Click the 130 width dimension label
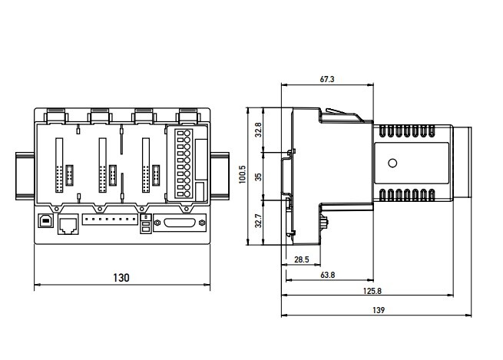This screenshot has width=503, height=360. (121, 277)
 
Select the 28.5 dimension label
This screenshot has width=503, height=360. (302, 260)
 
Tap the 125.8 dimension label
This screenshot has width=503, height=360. (369, 292)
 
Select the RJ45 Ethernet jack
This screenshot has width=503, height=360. (68, 224)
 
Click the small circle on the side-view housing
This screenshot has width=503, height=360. (393, 163)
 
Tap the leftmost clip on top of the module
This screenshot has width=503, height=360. (55, 116)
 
